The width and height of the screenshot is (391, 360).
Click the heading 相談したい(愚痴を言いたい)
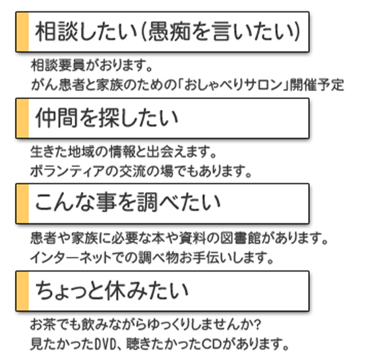pyautogui.click(x=168, y=32)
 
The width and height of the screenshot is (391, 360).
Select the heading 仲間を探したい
pyautogui.click(x=107, y=118)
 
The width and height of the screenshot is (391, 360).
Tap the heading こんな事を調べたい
pyautogui.click(x=127, y=203)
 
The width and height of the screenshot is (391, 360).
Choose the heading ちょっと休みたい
pyautogui.click(x=111, y=291)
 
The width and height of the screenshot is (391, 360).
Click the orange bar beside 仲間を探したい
pyautogui.click(x=22, y=118)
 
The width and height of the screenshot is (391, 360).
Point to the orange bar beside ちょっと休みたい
pyautogui.click(x=22, y=291)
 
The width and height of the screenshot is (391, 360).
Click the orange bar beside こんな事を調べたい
pyautogui.click(x=22, y=204)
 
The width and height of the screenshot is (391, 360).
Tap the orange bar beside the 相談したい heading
pyautogui.click(x=22, y=32)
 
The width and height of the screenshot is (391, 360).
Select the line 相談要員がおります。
pyautogui.click(x=91, y=65)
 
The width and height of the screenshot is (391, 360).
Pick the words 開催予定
pyautogui.click(x=317, y=85)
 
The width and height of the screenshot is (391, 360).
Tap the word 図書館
pyautogui.click(x=241, y=239)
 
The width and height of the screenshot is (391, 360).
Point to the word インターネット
pyautogui.click(x=71, y=258)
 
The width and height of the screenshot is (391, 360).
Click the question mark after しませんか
pyautogui.click(x=258, y=324)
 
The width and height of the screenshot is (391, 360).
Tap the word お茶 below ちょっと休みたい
pyautogui.click(x=43, y=324)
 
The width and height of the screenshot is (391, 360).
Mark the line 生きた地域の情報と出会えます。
pyautogui.click(x=123, y=152)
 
